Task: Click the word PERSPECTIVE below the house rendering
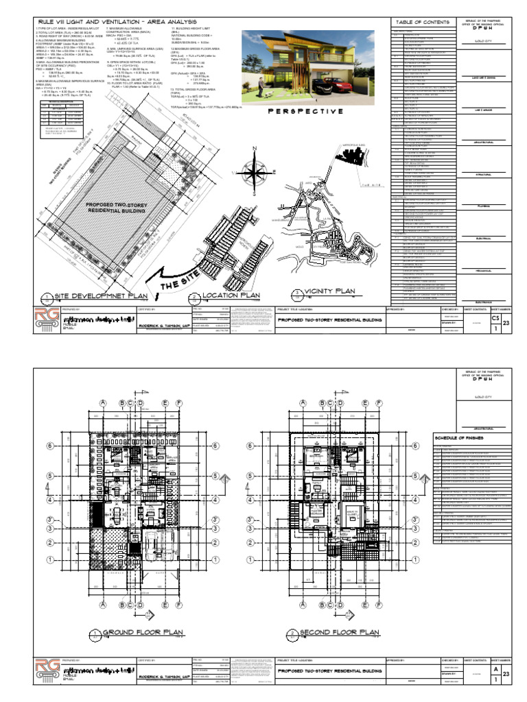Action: click(x=306, y=112)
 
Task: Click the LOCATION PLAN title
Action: click(x=230, y=297)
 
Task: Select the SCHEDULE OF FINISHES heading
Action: click(x=459, y=437)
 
